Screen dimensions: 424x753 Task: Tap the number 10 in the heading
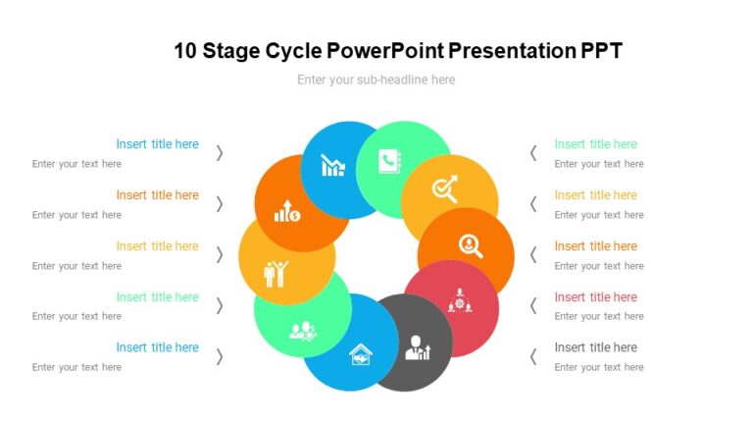tap(185, 51)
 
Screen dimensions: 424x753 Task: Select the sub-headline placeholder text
tap(376, 79)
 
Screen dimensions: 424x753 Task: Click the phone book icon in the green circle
tap(392, 163)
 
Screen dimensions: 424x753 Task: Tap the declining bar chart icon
tap(333, 166)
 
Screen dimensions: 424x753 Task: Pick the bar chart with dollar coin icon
tap(287, 210)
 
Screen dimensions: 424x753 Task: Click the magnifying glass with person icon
tap(471, 246)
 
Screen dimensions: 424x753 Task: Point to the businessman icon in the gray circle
tap(418, 347)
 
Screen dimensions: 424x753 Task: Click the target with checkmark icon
tap(445, 188)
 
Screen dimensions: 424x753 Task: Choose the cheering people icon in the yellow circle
tap(276, 273)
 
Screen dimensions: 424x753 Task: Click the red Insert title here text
tap(595, 296)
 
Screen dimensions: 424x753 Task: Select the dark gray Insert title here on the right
tap(595, 347)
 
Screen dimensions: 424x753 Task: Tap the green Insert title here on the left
tap(157, 296)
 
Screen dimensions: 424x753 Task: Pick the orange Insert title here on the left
tap(157, 194)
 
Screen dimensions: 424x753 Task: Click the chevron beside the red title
tap(533, 305)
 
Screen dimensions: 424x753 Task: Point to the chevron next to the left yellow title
tap(220, 254)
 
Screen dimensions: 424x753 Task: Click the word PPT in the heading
tap(600, 51)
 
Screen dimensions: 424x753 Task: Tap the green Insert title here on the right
tap(595, 143)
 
